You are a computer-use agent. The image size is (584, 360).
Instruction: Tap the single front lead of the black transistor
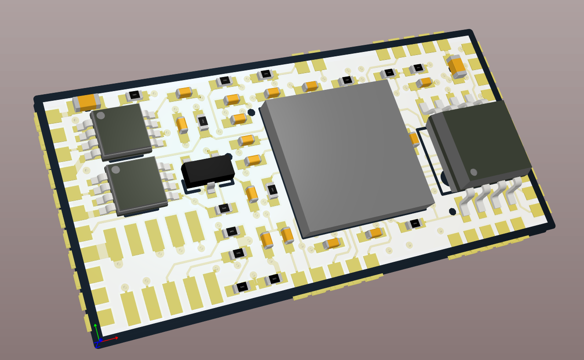click(211, 187)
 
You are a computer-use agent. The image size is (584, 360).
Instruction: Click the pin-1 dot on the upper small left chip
click(101, 116)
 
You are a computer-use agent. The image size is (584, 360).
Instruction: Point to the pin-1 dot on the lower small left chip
click(116, 170)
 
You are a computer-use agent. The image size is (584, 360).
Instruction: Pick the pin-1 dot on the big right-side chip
click(474, 172)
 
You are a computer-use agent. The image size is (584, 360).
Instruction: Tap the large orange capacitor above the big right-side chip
click(457, 66)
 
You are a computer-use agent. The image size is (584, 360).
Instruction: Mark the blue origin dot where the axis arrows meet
click(100, 340)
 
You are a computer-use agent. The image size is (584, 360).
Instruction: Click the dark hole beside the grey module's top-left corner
click(251, 112)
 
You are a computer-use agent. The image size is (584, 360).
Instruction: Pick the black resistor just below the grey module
click(415, 224)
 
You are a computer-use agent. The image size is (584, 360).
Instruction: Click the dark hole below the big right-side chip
click(453, 212)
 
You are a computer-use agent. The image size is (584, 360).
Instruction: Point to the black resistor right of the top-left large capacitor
click(134, 95)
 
